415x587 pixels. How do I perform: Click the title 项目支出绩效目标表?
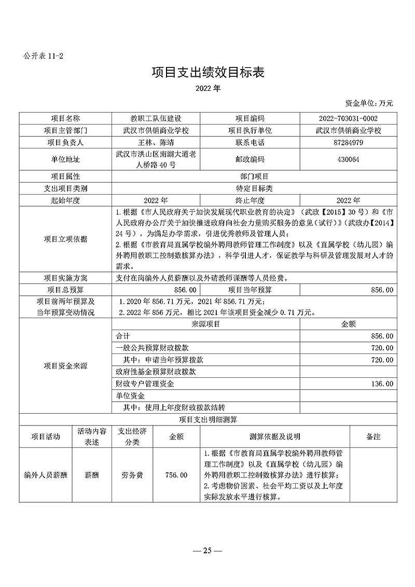tap(208, 72)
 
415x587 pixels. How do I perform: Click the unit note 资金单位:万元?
tap(369, 103)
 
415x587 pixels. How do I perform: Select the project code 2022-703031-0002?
tap(348, 118)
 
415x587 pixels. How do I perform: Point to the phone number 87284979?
tap(348, 142)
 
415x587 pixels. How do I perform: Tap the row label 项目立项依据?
tap(65, 239)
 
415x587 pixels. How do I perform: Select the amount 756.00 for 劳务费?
tap(176, 475)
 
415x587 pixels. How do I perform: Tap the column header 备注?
tap(372, 436)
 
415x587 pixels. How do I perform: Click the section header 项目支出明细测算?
tap(207, 419)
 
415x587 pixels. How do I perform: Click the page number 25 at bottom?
tap(208, 551)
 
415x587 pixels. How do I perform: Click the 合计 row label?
tap(122, 336)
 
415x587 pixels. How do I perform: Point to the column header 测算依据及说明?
tap(275, 436)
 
